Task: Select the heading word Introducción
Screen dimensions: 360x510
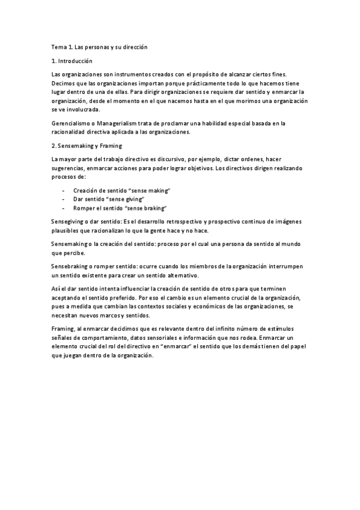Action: click(x=76, y=61)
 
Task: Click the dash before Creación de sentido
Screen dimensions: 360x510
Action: click(x=64, y=191)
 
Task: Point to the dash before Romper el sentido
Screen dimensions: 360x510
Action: click(x=64, y=207)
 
